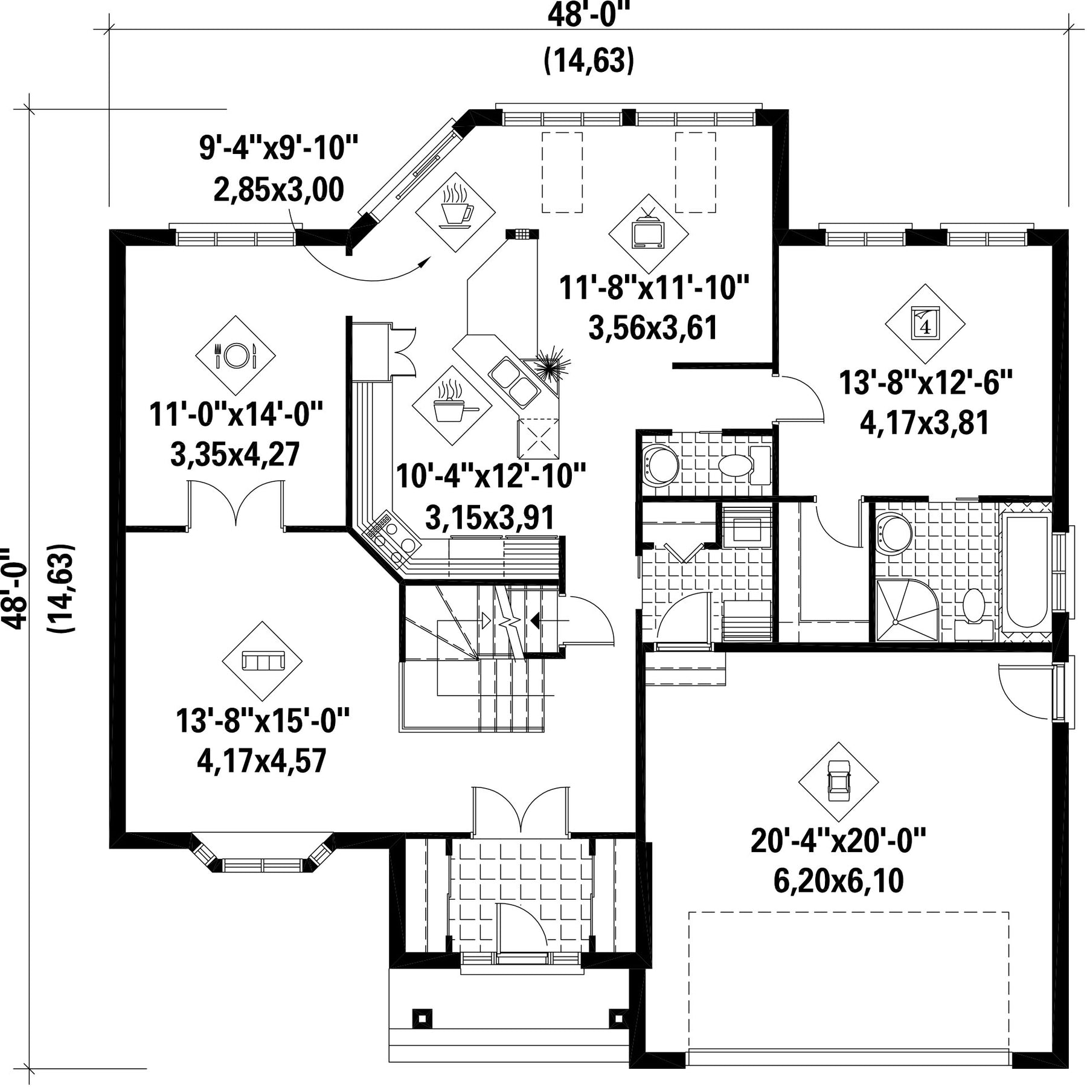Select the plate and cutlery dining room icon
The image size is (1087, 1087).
[x=236, y=355]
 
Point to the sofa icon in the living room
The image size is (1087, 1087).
[x=262, y=661]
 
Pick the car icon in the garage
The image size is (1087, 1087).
[x=838, y=781]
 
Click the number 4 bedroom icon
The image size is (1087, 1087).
[x=925, y=323]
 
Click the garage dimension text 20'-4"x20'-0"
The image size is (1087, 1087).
[x=838, y=840]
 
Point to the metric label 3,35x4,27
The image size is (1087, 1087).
[x=235, y=455]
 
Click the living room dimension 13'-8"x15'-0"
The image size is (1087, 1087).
[x=263, y=720]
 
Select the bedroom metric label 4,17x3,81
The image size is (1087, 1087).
[x=925, y=423]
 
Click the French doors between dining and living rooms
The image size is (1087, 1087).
[x=236, y=504]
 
